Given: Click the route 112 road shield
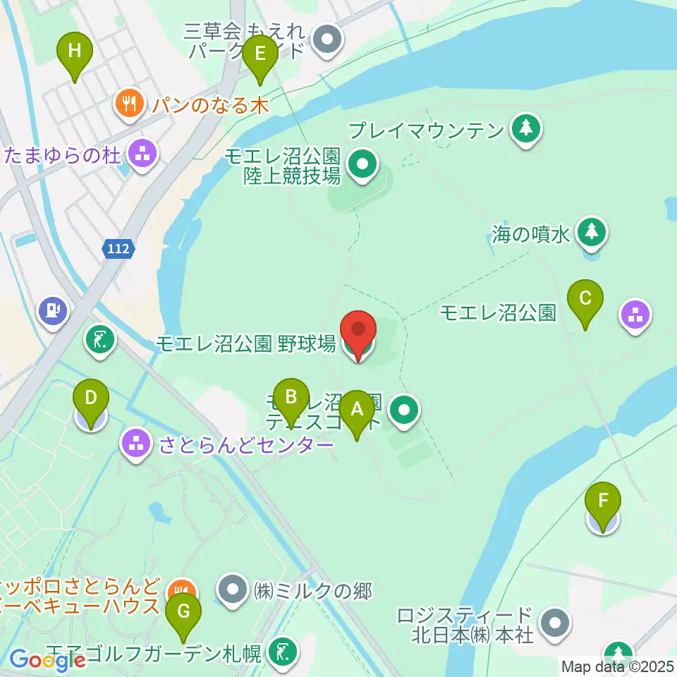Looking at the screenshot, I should pyautogui.click(x=118, y=248).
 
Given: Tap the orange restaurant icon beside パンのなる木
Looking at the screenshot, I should pyautogui.click(x=128, y=104).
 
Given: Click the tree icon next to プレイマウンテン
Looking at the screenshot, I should pyautogui.click(x=525, y=129).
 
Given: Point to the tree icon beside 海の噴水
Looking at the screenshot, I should pyautogui.click(x=591, y=233).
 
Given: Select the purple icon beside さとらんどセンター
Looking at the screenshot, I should pyautogui.click(x=136, y=444).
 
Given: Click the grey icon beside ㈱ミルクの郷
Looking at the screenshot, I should pyautogui.click(x=233, y=590).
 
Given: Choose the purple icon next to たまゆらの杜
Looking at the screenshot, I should pyautogui.click(x=142, y=154).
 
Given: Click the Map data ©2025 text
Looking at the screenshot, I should pyautogui.click(x=617, y=666).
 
